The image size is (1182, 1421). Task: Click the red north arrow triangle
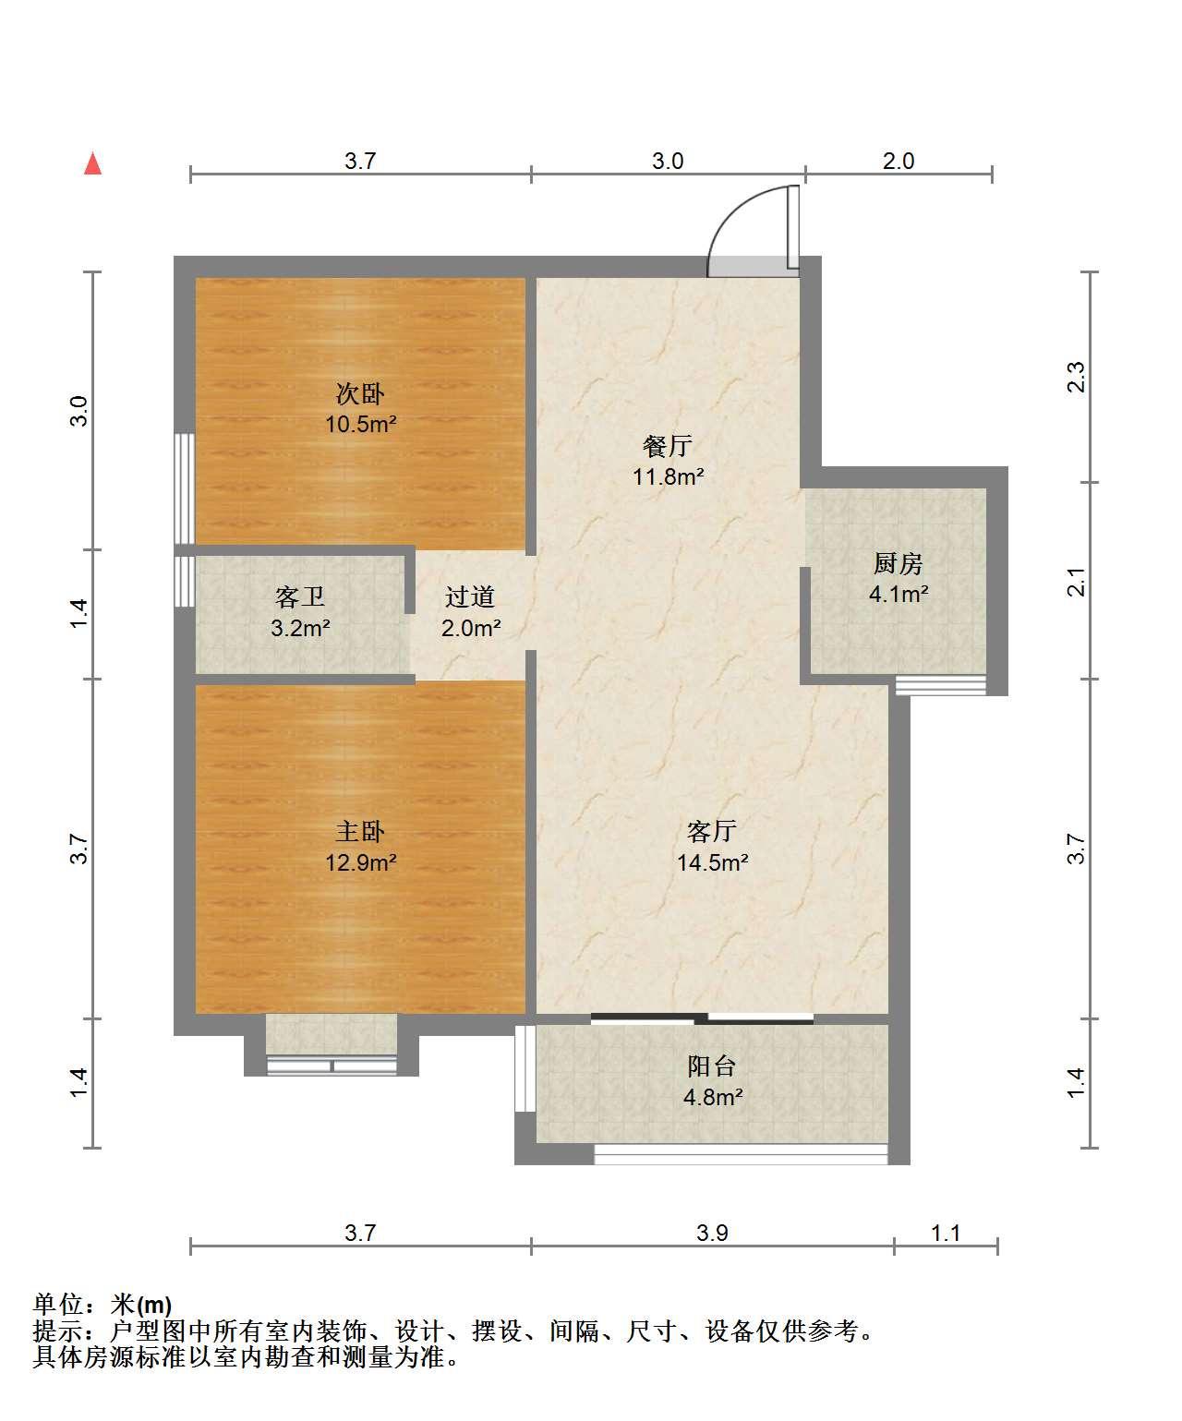coord(92,164)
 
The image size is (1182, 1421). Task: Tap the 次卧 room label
coord(360,393)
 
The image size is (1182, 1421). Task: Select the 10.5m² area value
coord(360,424)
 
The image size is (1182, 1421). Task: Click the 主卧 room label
coord(360,832)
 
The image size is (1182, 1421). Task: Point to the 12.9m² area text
coord(360,862)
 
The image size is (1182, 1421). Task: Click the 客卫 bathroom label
coord(299,596)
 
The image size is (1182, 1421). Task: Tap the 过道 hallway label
coord(470,596)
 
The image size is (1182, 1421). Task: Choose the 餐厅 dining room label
coord(668,447)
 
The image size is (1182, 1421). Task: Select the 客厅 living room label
coord(712,832)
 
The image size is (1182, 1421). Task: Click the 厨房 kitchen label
coord(899,563)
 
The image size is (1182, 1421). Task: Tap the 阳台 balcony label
coord(712,1066)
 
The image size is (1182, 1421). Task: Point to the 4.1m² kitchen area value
coord(899,594)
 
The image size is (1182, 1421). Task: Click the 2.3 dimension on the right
coord(1076,377)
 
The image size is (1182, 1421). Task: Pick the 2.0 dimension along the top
coord(899,161)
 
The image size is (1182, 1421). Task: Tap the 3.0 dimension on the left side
coord(79,410)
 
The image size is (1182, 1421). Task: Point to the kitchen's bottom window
coord(940,685)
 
